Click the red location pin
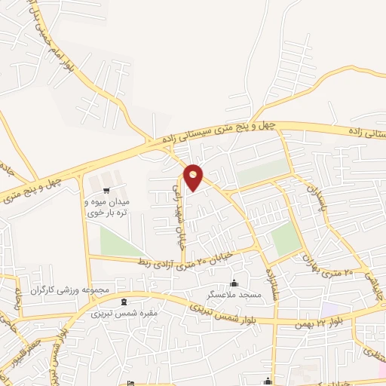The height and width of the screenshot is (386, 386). (x=194, y=176)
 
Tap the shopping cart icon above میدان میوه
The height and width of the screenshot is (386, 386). (x=106, y=189)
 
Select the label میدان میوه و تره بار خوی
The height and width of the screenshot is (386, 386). (x=106, y=207)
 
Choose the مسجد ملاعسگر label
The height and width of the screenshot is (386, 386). (x=234, y=295)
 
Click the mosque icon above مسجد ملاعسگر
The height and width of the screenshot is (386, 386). (x=234, y=283)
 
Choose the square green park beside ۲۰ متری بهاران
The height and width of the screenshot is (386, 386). (x=286, y=240)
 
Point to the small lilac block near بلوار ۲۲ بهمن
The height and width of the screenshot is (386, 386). (x=329, y=310)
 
